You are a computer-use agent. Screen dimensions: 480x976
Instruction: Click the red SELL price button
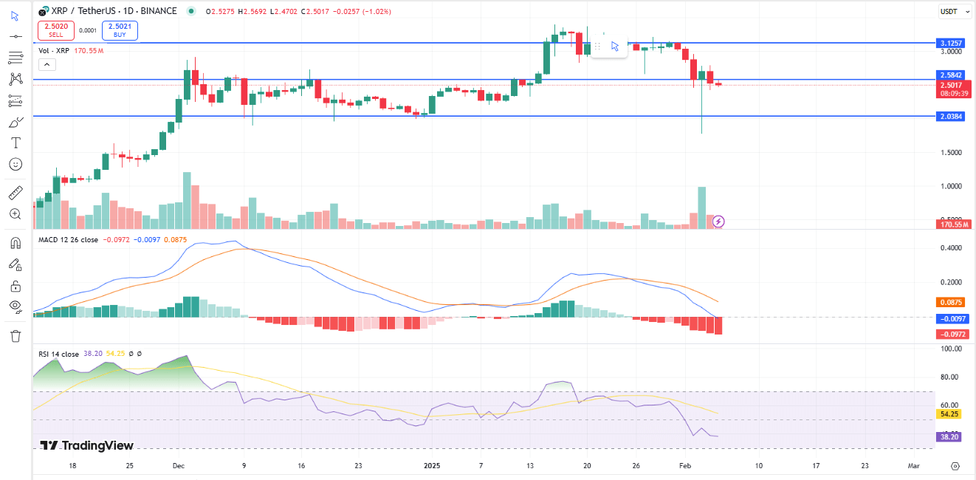pos(55,30)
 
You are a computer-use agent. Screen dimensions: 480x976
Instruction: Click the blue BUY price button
pos(120,30)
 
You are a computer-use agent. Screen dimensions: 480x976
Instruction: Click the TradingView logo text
pos(87,445)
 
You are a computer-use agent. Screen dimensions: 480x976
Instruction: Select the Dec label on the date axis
pos(178,466)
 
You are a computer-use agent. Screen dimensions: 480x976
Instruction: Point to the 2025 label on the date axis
pos(433,466)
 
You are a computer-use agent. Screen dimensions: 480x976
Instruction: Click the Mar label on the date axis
pos(913,466)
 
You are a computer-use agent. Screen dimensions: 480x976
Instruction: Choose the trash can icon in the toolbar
pos(16,336)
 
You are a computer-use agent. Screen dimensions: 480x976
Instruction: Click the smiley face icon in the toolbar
pos(16,164)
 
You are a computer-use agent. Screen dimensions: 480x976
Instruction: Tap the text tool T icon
pos(16,143)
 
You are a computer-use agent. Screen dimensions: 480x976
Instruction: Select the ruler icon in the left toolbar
pos(16,193)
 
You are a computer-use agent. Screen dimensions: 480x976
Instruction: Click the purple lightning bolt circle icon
pos(718,221)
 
